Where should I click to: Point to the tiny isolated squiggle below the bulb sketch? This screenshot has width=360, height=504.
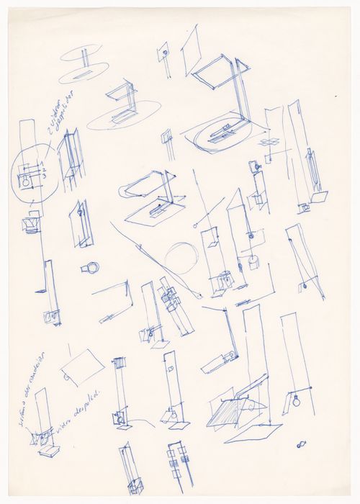pyautogui.click(x=301, y=441)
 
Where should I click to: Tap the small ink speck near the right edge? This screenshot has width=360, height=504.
pyautogui.click(x=335, y=96)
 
